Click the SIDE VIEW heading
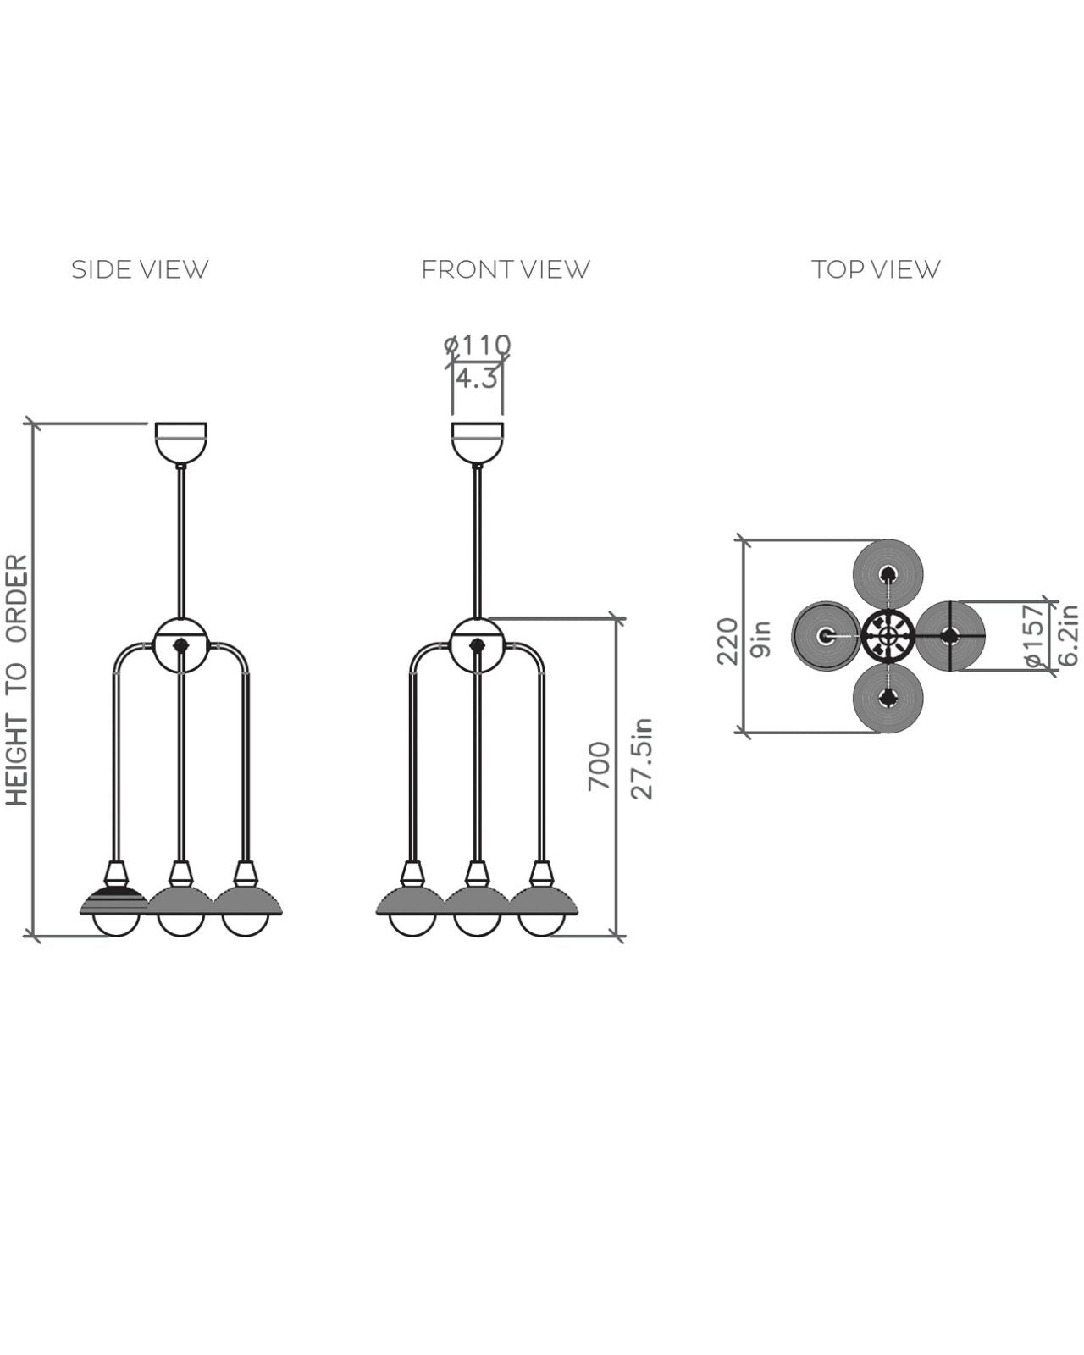pyautogui.click(x=140, y=269)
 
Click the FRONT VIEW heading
pyautogui.click(x=506, y=269)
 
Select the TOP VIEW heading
pyautogui.click(x=876, y=269)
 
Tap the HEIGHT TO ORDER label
pyautogui.click(x=18, y=680)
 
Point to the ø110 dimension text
pyautogui.click(x=477, y=345)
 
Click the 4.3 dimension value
pyautogui.click(x=477, y=379)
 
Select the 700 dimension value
pyautogui.click(x=599, y=767)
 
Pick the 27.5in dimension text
pyautogui.click(x=641, y=760)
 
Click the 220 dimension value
pyautogui.click(x=727, y=642)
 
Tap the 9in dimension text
pyautogui.click(x=761, y=639)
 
